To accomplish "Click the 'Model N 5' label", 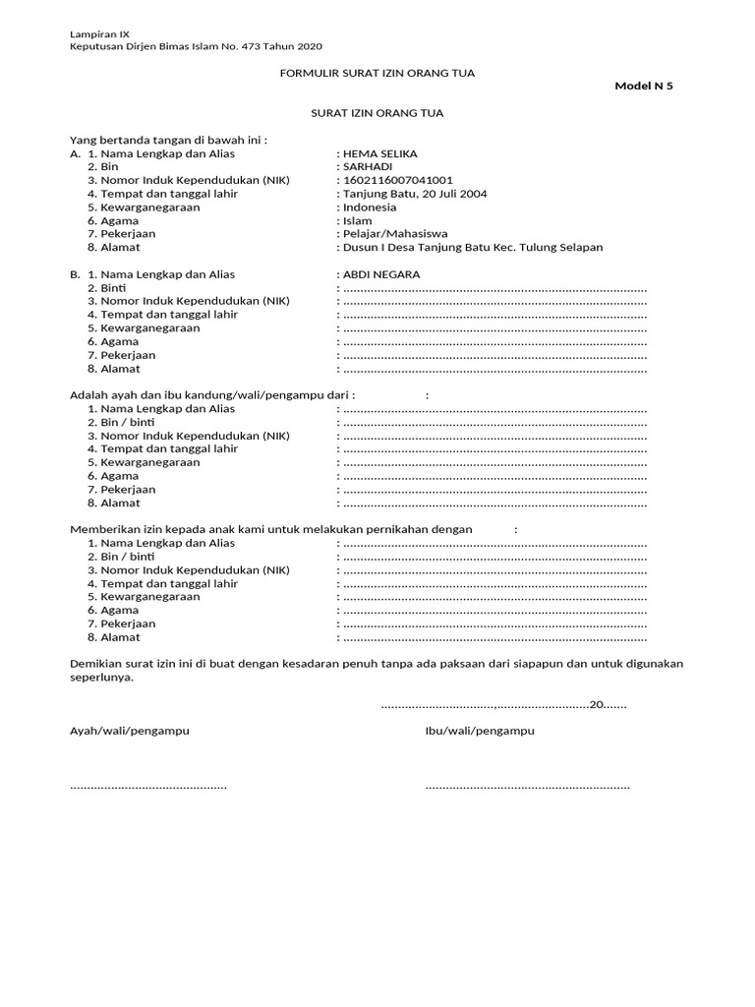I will (644, 86).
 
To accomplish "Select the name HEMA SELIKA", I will (380, 153).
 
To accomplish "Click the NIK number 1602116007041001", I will (398, 181).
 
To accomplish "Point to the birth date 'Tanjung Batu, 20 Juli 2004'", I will (415, 194).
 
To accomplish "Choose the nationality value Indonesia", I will (370, 207).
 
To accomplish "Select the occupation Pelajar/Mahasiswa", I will (395, 234).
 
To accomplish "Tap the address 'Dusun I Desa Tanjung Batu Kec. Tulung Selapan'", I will (473, 248).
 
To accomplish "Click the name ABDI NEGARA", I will (381, 274).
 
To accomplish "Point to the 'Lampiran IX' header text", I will (92, 33).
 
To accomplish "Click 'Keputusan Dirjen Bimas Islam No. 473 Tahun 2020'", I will (196, 46).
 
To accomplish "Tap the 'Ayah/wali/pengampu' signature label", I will (129, 732).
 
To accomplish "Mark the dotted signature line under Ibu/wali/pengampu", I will (527, 786).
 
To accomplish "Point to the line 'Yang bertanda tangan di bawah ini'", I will (168, 140).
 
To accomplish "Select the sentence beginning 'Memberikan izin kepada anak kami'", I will (271, 529).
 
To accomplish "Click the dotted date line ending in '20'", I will (502, 704).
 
